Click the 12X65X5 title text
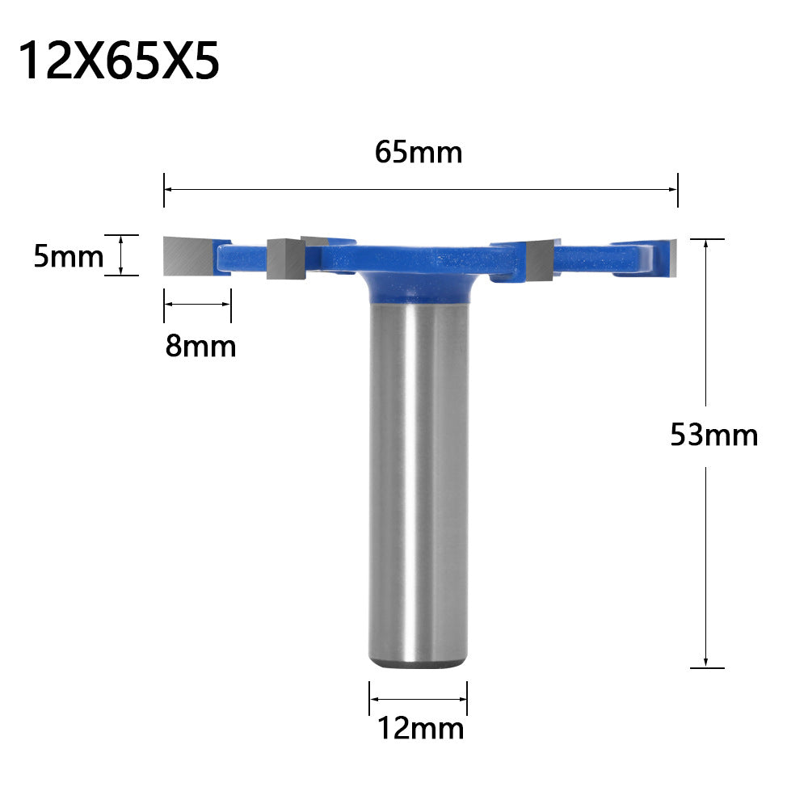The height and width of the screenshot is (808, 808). coord(119,61)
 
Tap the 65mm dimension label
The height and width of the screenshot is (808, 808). coord(419,152)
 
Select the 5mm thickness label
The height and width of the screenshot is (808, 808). coord(68,256)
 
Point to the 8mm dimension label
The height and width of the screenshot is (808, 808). coord(200,346)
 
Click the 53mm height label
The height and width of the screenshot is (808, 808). coord(714,436)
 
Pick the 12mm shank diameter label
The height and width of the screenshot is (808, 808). coord(421,729)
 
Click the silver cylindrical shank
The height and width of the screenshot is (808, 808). coord(419,485)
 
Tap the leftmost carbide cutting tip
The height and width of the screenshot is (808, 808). coord(189,257)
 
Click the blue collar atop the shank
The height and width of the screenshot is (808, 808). coord(419,287)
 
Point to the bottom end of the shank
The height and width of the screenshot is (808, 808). coord(419,664)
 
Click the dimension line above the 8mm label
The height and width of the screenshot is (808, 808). coord(198,304)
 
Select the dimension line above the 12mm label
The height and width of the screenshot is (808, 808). coord(419,700)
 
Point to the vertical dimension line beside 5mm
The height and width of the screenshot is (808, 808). coord(121,255)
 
